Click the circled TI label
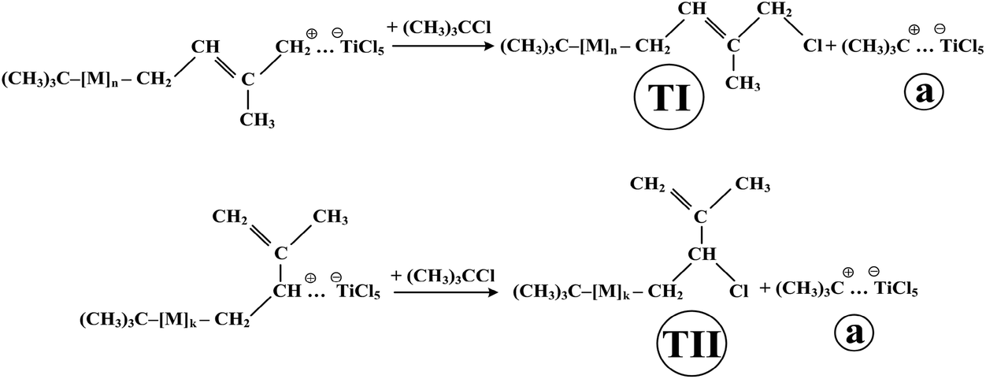(x=668, y=98)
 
